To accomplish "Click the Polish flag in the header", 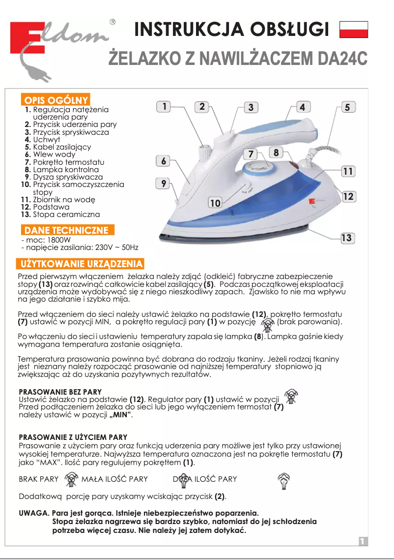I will pyautogui.click(x=354, y=30).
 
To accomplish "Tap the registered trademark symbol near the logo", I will pyautogui.click(x=113, y=23).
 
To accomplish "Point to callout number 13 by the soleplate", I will pyautogui.click(x=347, y=238).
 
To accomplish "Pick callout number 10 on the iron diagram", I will pyautogui.click(x=215, y=202).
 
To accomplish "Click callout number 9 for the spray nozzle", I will pyautogui.click(x=163, y=184).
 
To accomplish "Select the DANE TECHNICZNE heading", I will pyautogui.click(x=66, y=230).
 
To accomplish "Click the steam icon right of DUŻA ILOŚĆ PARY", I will pyautogui.click(x=283, y=480).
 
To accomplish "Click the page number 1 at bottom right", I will pyautogui.click(x=363, y=541).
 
